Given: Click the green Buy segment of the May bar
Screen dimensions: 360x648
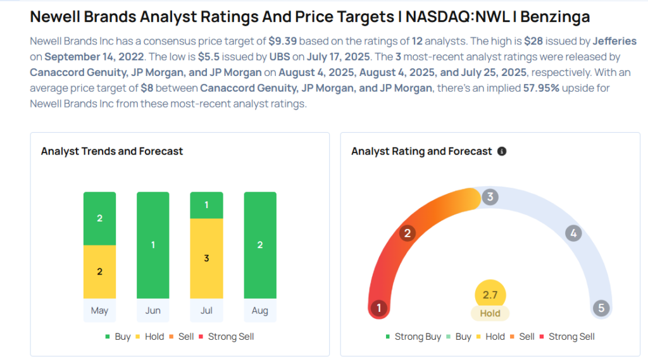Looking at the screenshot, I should pyautogui.click(x=99, y=218).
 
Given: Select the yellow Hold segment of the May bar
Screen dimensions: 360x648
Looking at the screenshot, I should pyautogui.click(x=99, y=271).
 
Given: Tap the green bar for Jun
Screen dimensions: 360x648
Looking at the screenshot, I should pyautogui.click(x=153, y=245).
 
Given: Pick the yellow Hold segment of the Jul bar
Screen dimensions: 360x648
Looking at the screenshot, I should pyautogui.click(x=206, y=258).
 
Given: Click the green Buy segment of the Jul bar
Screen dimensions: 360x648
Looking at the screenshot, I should pyautogui.click(x=206, y=205).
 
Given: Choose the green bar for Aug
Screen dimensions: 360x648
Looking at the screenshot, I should pyautogui.click(x=260, y=245).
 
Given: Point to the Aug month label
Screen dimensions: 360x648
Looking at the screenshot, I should pyautogui.click(x=260, y=311).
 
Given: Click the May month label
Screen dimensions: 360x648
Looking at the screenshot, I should pyautogui.click(x=99, y=311).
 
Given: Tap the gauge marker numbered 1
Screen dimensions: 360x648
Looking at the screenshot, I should pyautogui.click(x=379, y=308).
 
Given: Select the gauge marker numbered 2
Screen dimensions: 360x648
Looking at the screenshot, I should pyautogui.click(x=408, y=233).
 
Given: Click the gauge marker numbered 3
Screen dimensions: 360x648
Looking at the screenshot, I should pyautogui.click(x=489, y=197).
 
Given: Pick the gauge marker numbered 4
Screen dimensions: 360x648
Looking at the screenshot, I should pyautogui.click(x=573, y=233).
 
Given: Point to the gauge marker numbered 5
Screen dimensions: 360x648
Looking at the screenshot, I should pyautogui.click(x=601, y=308).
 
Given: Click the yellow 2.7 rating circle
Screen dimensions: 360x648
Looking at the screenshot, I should pyautogui.click(x=490, y=294).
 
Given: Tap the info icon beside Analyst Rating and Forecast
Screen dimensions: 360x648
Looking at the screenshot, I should pyautogui.click(x=502, y=151).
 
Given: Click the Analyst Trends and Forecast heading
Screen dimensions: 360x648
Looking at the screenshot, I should pyautogui.click(x=112, y=151).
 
